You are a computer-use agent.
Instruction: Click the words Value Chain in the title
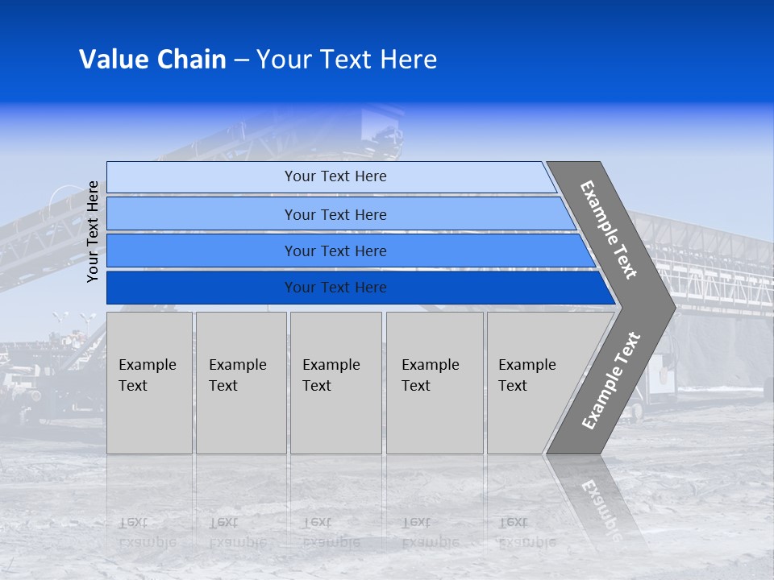[152, 60]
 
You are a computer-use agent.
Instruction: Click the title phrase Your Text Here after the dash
[347, 60]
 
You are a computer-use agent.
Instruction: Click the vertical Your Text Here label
[93, 231]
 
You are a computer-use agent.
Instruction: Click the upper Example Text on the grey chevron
[609, 230]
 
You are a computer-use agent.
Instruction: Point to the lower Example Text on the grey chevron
[611, 380]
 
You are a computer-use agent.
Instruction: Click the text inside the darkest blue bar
[335, 288]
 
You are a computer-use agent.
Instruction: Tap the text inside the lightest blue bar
[335, 176]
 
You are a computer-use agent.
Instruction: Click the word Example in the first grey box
[147, 365]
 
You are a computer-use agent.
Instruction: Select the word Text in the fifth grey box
[513, 386]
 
